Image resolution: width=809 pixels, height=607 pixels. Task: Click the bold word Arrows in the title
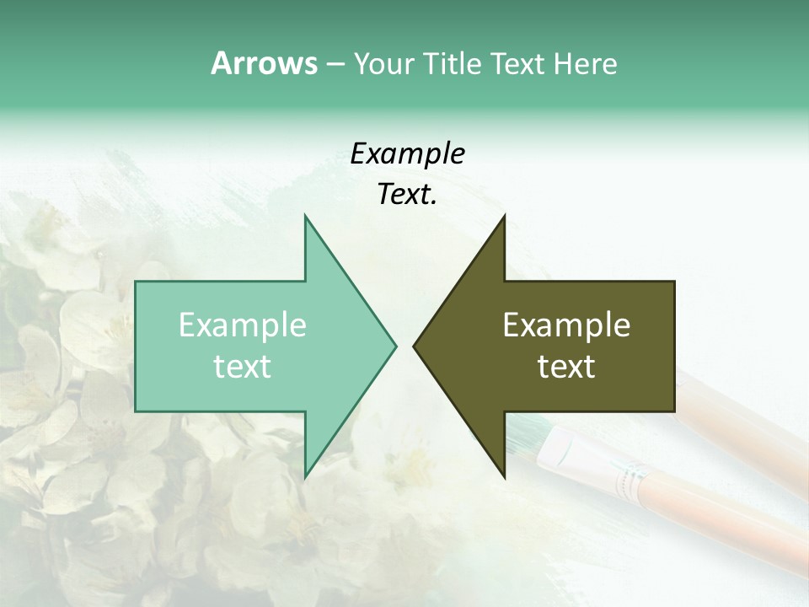point(264,63)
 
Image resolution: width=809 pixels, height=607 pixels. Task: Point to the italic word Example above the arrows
point(407,154)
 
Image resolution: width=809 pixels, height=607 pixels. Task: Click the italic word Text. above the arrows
point(407,195)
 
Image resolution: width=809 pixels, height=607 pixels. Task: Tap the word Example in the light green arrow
point(242,325)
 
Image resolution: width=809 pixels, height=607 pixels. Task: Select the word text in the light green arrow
point(242,367)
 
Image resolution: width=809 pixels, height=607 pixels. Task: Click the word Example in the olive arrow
point(566,325)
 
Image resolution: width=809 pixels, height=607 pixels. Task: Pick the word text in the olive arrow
point(566,367)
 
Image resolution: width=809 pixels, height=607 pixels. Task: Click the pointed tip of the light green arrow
point(395,346)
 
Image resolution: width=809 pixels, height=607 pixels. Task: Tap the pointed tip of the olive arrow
point(414,346)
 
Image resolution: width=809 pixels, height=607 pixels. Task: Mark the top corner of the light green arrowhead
point(305,216)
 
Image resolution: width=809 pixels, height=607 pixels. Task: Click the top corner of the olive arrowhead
point(504,216)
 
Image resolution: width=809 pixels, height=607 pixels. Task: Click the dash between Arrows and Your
point(335,65)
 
